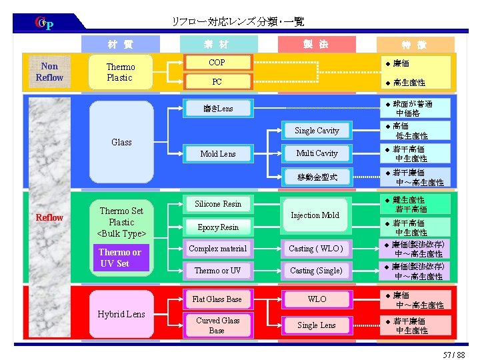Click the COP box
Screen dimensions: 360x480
point(217,63)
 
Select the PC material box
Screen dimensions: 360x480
point(217,82)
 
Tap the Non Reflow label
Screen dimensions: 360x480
point(49,71)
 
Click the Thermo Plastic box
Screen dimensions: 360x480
point(121,72)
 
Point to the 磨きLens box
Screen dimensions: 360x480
point(217,108)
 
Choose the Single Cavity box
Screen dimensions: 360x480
point(317,131)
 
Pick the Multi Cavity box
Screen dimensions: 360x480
point(317,153)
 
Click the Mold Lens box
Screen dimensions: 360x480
point(217,153)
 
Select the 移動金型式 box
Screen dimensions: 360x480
point(317,177)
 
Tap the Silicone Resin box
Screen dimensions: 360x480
point(217,203)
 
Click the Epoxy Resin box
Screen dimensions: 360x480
point(217,227)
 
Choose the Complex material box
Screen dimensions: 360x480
point(217,249)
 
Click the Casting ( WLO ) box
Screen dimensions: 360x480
point(316,249)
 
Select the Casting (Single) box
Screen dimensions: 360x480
point(316,271)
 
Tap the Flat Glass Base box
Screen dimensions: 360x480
point(217,299)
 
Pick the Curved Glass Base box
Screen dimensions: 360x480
point(217,325)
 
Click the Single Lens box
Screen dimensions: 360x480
point(316,325)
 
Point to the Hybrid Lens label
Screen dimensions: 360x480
point(121,314)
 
